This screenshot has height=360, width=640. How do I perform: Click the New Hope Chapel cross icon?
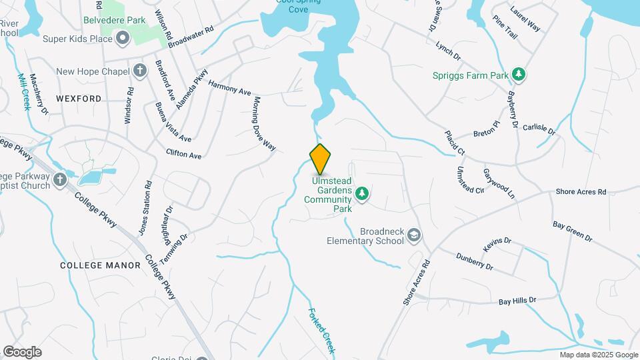[139, 71]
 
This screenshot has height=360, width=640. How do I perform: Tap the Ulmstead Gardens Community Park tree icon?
[362, 193]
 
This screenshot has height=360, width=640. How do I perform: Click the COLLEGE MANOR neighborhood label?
[100, 265]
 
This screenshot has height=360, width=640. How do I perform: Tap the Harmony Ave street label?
[229, 87]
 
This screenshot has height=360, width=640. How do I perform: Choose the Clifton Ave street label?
[184, 155]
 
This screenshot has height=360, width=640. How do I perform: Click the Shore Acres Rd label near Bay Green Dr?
[581, 192]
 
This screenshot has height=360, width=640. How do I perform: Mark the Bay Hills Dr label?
[517, 301]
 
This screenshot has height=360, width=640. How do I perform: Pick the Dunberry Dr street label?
[474, 261]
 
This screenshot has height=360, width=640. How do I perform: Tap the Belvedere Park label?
[114, 21]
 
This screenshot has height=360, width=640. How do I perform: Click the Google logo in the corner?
[22, 351]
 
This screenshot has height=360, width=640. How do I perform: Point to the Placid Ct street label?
[455, 143]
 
